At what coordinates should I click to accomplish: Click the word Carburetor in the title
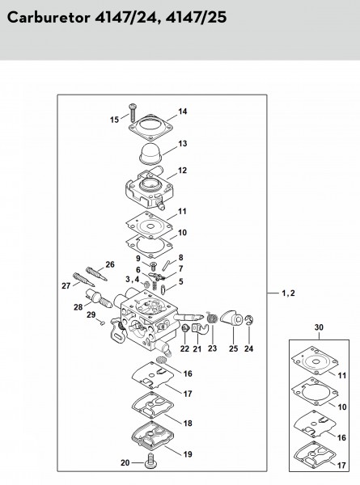coord(49,17)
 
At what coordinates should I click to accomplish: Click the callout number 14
coord(183,112)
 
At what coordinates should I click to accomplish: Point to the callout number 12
coord(182,170)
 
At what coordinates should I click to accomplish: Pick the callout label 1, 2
coord(289,293)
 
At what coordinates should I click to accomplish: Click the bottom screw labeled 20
coord(151,460)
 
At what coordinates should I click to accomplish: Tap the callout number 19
coord(188,454)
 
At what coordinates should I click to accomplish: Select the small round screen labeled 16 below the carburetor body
coord(160,360)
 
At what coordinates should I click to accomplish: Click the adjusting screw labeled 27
coord(83,280)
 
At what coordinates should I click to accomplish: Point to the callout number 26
coord(110,264)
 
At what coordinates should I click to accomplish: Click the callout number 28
coord(78,307)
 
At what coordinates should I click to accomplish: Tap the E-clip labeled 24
coord(249,320)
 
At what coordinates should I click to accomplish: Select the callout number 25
coord(234,348)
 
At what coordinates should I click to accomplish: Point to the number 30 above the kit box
coord(319,327)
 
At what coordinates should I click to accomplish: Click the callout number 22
coord(184,348)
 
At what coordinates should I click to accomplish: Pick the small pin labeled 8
coord(165,265)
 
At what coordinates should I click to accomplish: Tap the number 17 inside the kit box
coord(341,466)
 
